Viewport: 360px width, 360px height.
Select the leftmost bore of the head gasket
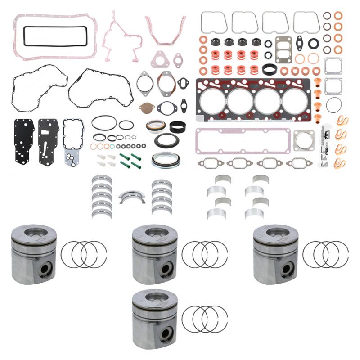tap(212, 101)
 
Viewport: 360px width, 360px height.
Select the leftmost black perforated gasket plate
tap(24, 140)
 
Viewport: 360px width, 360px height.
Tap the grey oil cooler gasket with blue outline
tap(73, 140)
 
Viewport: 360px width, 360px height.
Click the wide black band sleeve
tap(178, 127)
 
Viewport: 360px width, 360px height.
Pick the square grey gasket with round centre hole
tap(304, 140)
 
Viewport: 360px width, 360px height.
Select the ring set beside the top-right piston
tap(325, 254)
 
